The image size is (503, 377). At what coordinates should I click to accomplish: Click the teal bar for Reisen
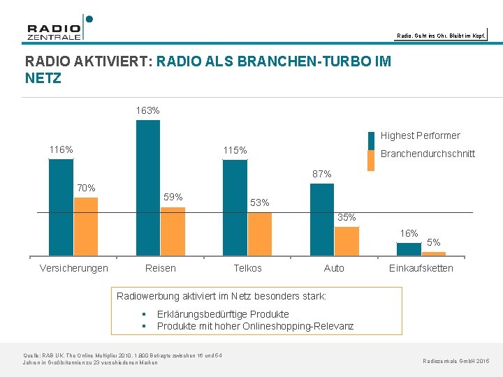click(147, 188)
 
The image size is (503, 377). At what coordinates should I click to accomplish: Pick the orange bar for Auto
click(347, 242)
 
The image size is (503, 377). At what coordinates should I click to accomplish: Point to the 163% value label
click(147, 110)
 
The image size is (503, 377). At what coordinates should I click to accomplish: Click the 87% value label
click(322, 174)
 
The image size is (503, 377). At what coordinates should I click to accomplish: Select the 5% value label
click(434, 242)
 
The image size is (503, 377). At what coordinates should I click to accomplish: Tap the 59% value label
click(173, 197)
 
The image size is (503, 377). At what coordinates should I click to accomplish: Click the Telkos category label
click(247, 268)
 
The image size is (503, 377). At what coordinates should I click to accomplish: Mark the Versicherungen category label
click(74, 268)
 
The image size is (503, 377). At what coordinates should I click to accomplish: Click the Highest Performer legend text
click(420, 135)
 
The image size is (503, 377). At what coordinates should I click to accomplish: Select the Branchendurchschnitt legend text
click(428, 154)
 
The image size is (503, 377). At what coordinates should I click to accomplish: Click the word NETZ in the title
click(43, 79)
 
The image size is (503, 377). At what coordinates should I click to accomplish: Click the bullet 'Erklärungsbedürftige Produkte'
click(223, 314)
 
